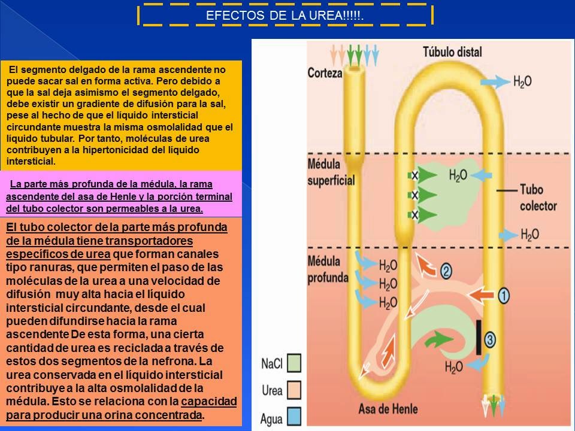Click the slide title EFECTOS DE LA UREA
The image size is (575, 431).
point(285,16)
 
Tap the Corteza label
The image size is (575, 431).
point(325,73)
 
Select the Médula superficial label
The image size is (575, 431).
point(331,172)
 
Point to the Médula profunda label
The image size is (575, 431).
point(328,269)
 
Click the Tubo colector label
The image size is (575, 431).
point(538,198)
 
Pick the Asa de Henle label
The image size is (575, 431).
point(388,409)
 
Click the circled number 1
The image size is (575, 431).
point(504,295)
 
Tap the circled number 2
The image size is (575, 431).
point(446,271)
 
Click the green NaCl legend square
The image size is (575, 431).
point(293,363)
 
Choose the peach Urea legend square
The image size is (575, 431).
point(293,390)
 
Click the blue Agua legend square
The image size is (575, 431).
point(293,417)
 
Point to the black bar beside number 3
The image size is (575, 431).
point(479,337)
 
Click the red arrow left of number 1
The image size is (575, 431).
point(480,295)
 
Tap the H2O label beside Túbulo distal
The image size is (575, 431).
point(522,81)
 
